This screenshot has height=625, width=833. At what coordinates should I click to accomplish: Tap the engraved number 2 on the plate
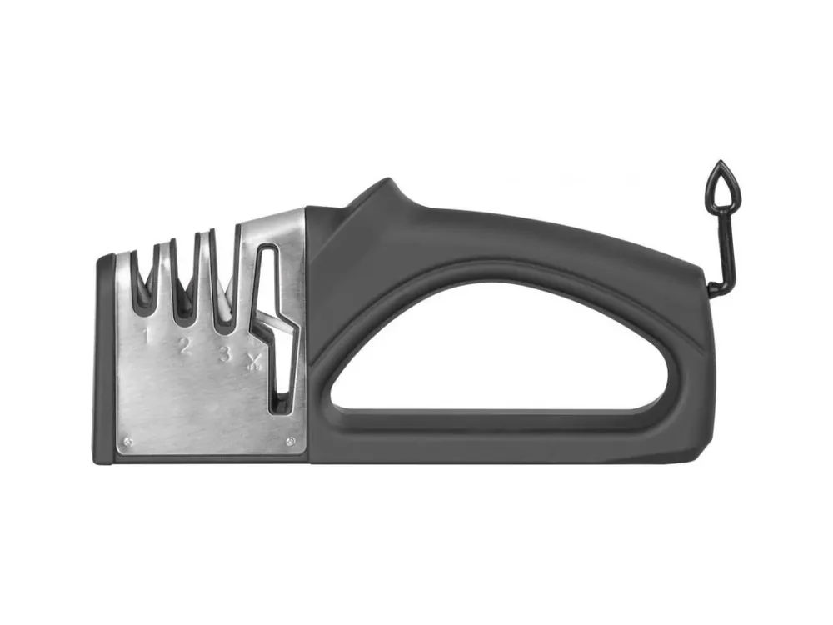pos(184,347)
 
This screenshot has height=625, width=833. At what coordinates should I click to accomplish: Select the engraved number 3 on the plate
pos(225,353)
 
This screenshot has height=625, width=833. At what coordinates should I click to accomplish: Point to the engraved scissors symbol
pos(254,362)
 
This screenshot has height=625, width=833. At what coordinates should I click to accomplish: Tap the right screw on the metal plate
pos(290,441)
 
